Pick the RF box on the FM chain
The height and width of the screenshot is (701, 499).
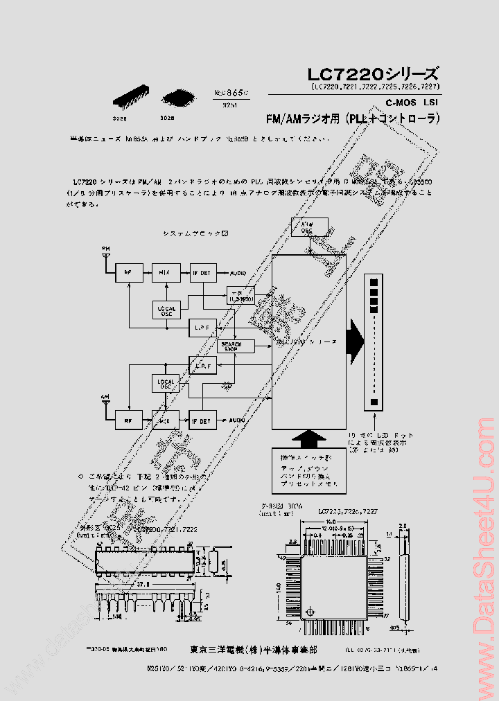pyautogui.click(x=128, y=273)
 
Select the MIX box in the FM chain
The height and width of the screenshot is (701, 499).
pyautogui.click(x=164, y=273)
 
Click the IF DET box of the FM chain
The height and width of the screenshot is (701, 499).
pyautogui.click(x=201, y=273)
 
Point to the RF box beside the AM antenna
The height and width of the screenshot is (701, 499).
pyautogui.click(x=128, y=419)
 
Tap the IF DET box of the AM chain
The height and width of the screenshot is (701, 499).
pyautogui.click(x=201, y=419)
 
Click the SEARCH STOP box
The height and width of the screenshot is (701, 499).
pyautogui.click(x=231, y=346)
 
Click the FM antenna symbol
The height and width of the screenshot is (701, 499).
pyautogui.click(x=105, y=254)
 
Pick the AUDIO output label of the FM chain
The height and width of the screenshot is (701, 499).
pyautogui.click(x=238, y=273)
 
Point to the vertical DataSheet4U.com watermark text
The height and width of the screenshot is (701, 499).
pyautogui.click(x=483, y=554)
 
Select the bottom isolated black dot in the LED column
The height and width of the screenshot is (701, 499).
pyautogui.click(x=375, y=402)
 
